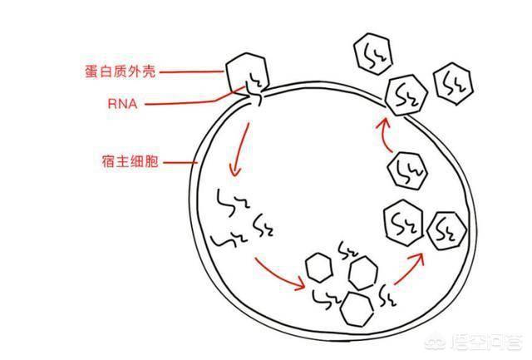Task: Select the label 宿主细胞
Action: pyautogui.click(x=129, y=162)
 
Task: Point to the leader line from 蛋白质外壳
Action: pyautogui.click(x=190, y=72)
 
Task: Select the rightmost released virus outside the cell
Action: pyautogui.click(x=453, y=83)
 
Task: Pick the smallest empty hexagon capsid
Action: pyautogui.click(x=318, y=268)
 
